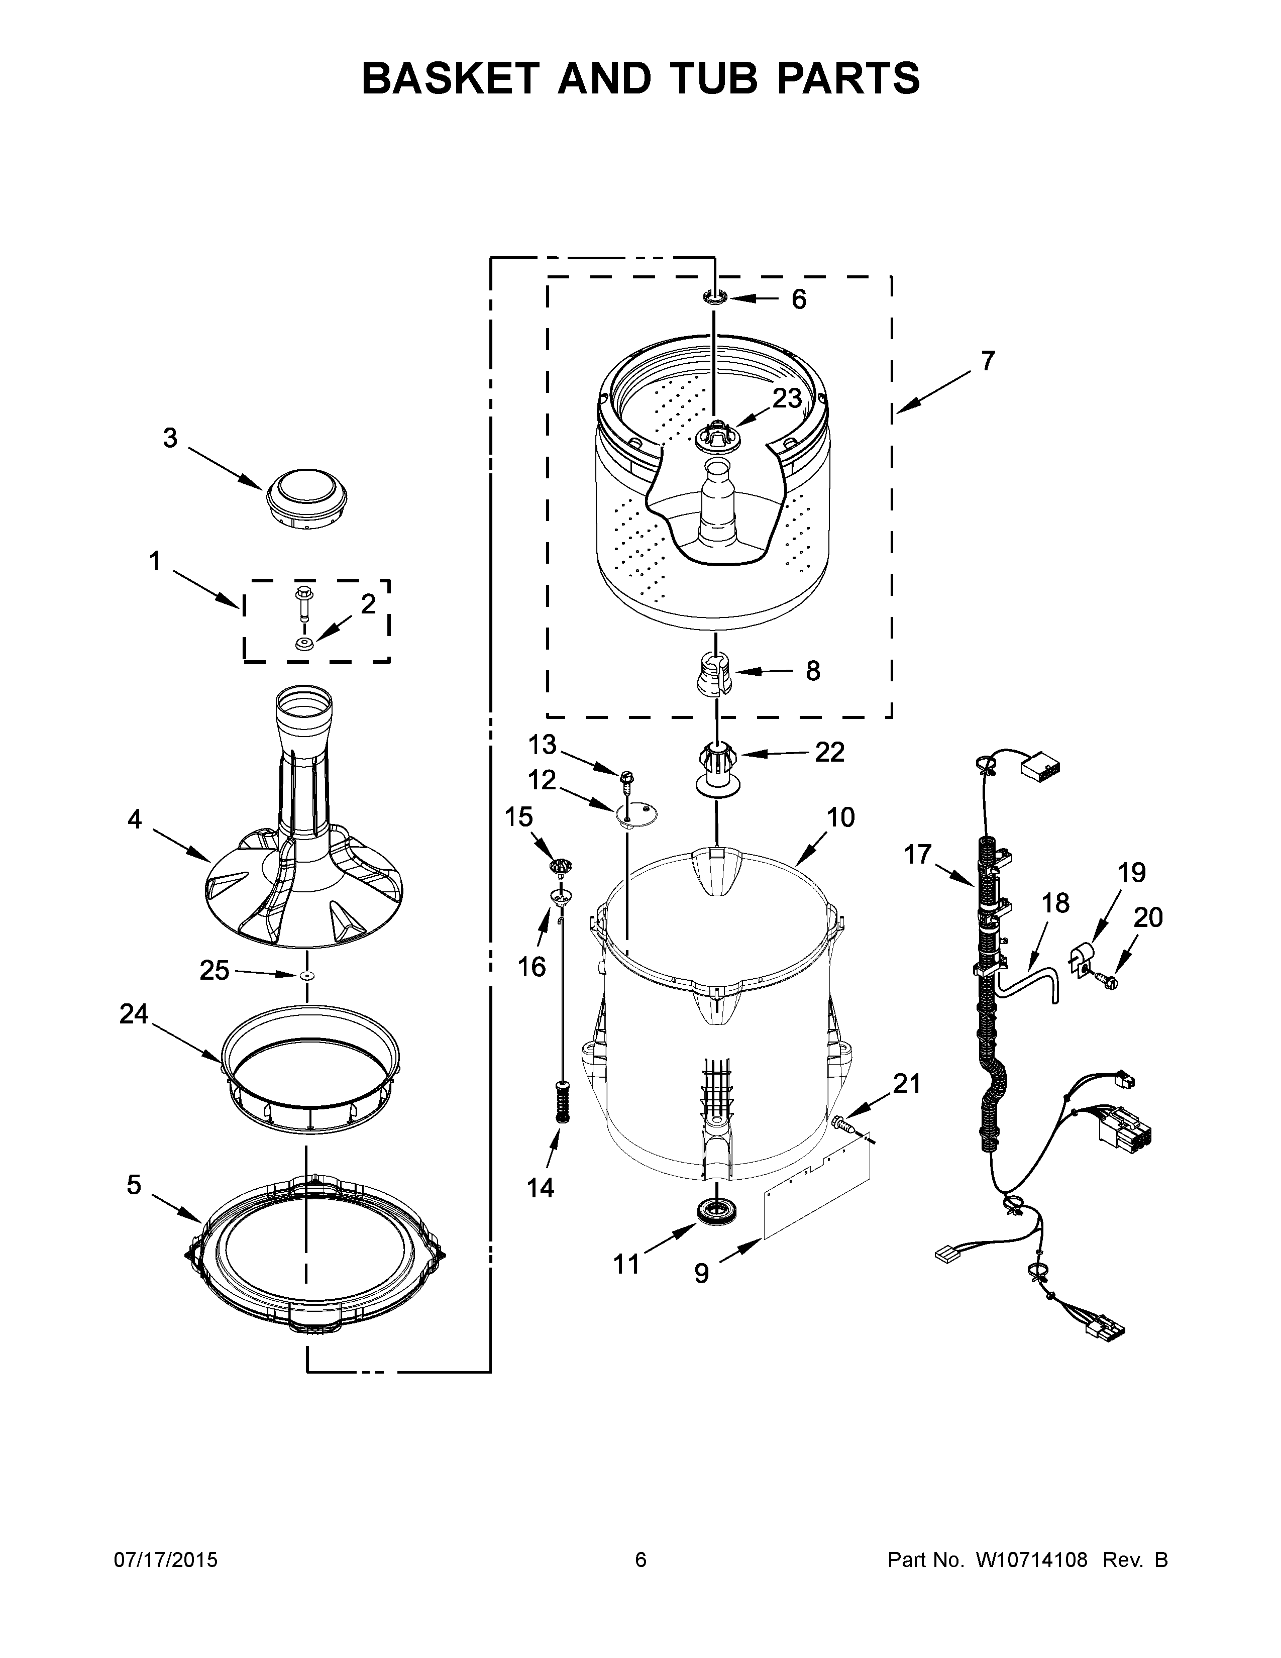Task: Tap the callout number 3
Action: click(x=170, y=438)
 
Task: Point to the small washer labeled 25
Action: click(x=306, y=975)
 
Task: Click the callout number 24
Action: click(x=134, y=1014)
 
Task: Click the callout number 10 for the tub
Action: click(x=840, y=817)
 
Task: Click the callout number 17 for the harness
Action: click(x=917, y=854)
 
